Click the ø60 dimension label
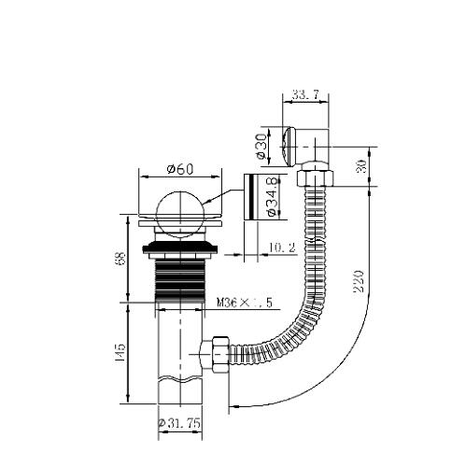pos(180,169)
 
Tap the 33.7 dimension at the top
pos(306,95)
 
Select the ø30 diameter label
pos(261,147)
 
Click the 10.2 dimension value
pos(282,248)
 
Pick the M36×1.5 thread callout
pos(245,303)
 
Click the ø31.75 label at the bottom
pos(179,423)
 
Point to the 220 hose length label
pos(359,281)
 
